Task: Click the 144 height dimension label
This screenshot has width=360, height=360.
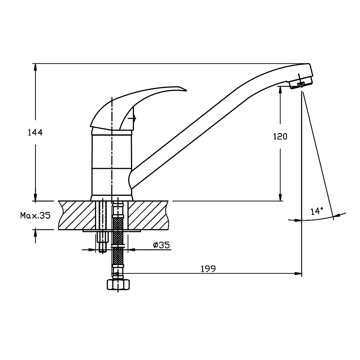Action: (35, 133)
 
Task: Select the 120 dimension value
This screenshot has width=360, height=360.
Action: (280, 136)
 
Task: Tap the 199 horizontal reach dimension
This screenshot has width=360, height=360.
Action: (208, 269)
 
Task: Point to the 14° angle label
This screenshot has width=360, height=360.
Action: (317, 211)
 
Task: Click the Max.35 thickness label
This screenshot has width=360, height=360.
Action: (35, 215)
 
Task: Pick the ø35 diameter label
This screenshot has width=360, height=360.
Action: (161, 245)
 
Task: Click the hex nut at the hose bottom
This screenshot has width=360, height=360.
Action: (118, 284)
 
